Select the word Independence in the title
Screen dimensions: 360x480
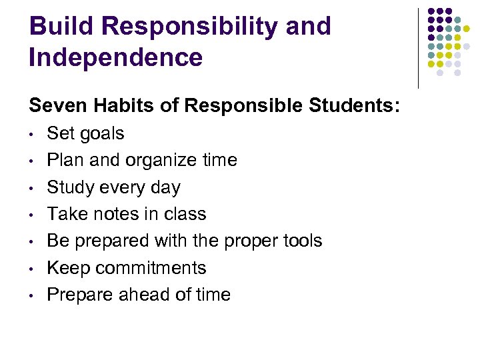(115, 57)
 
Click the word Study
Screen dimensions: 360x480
(71, 187)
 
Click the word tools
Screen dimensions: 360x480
(300, 241)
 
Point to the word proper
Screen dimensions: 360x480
(243, 241)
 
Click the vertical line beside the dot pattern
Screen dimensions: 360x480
(418, 48)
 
